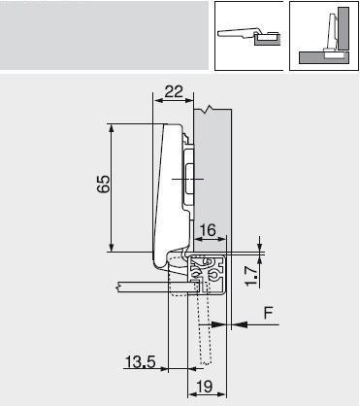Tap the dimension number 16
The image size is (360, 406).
[x=208, y=231]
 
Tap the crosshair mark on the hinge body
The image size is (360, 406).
[x=185, y=179]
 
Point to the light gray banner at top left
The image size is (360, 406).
[x=102, y=34]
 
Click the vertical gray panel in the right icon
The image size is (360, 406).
[x=331, y=29]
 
